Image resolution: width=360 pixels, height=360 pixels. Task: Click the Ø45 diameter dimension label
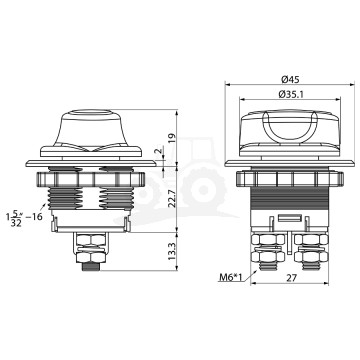pyautogui.click(x=290, y=79)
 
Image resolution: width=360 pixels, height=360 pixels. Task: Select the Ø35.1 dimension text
pyautogui.click(x=291, y=94)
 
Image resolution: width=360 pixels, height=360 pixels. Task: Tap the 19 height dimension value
pyautogui.click(x=171, y=137)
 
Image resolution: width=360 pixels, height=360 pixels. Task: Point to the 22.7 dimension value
pyautogui.click(x=172, y=199)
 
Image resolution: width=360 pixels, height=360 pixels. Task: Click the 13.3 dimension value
pyautogui.click(x=172, y=251)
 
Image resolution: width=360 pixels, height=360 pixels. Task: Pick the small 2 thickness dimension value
pyautogui.click(x=160, y=151)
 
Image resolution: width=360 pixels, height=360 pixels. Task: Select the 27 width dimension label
pyautogui.click(x=291, y=278)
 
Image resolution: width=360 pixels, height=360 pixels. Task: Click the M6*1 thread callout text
pyautogui.click(x=231, y=277)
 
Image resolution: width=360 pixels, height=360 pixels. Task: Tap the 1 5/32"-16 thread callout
pyautogui.click(x=24, y=218)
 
